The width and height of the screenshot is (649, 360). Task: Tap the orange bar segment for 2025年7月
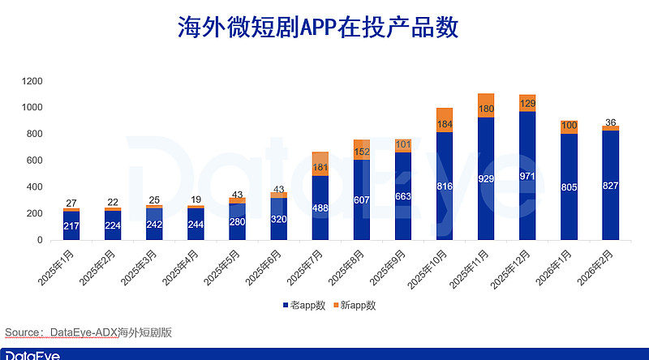click(x=320, y=164)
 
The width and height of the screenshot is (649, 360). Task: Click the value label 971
click(x=527, y=175)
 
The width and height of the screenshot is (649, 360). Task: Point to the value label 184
click(x=445, y=124)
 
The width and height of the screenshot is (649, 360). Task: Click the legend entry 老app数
click(x=303, y=305)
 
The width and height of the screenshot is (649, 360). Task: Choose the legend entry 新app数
click(x=354, y=305)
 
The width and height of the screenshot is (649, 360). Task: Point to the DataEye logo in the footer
click(x=32, y=354)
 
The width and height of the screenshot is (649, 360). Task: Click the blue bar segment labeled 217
click(x=71, y=226)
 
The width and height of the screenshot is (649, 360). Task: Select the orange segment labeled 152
click(x=362, y=151)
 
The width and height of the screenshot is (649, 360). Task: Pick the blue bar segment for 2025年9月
click(x=403, y=196)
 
